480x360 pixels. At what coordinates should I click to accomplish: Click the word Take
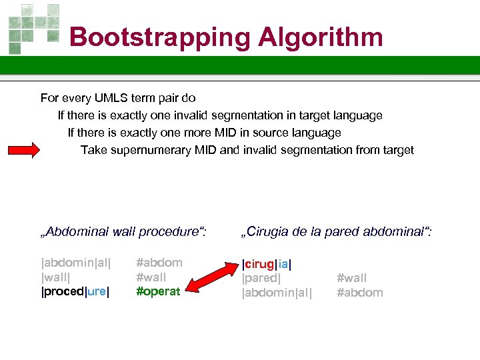pyautogui.click(x=93, y=150)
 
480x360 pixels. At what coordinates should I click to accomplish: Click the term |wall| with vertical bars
pyautogui.click(x=56, y=277)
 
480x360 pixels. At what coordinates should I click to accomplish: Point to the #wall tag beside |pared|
pyautogui.click(x=352, y=278)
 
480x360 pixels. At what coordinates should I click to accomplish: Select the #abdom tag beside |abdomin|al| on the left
pyautogui.click(x=159, y=262)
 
